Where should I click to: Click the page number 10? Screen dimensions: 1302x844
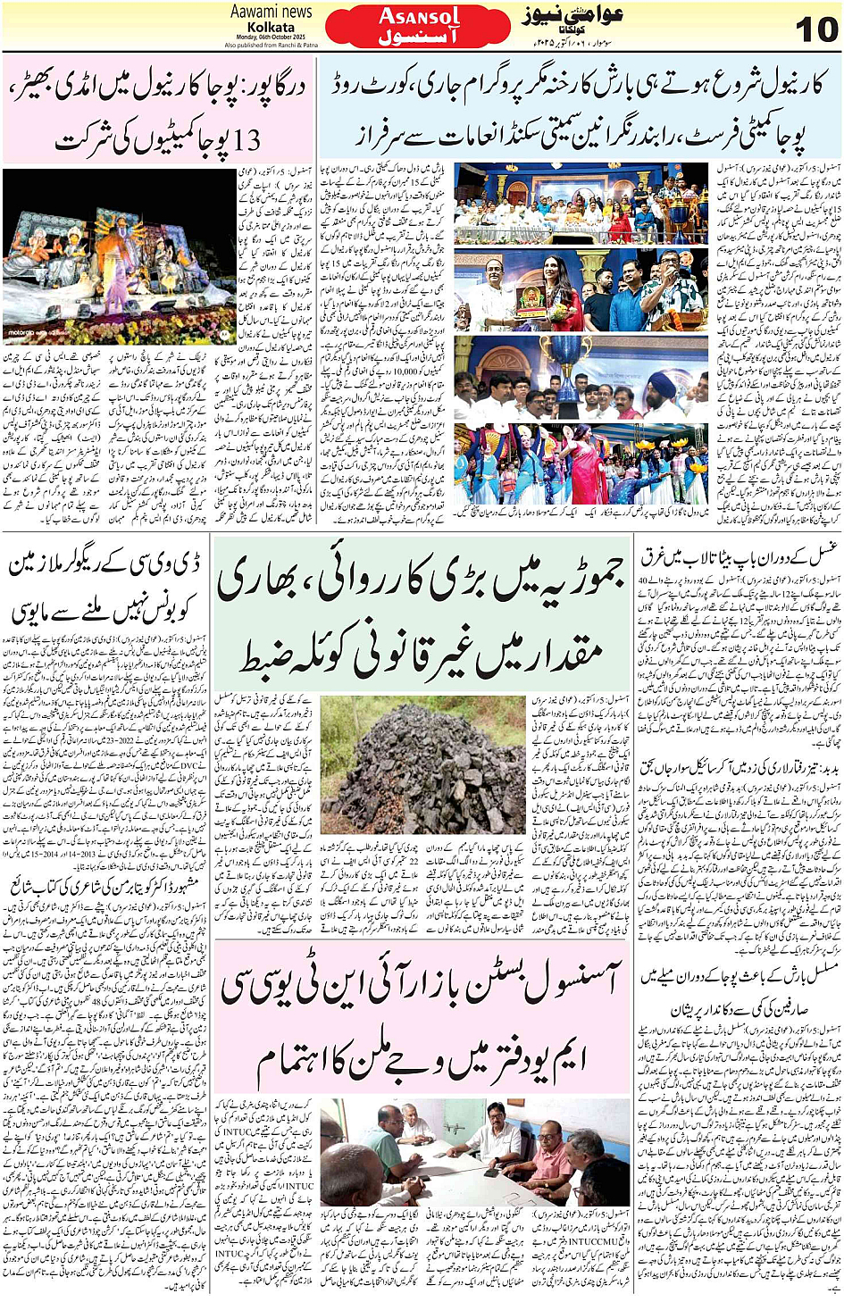coord(815,29)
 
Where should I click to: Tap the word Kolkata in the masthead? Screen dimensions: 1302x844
coord(271,27)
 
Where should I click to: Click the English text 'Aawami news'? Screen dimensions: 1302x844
coord(271,12)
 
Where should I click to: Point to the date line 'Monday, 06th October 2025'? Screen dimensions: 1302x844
coord(271,37)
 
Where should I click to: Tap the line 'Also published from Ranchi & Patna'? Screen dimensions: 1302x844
coord(271,45)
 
